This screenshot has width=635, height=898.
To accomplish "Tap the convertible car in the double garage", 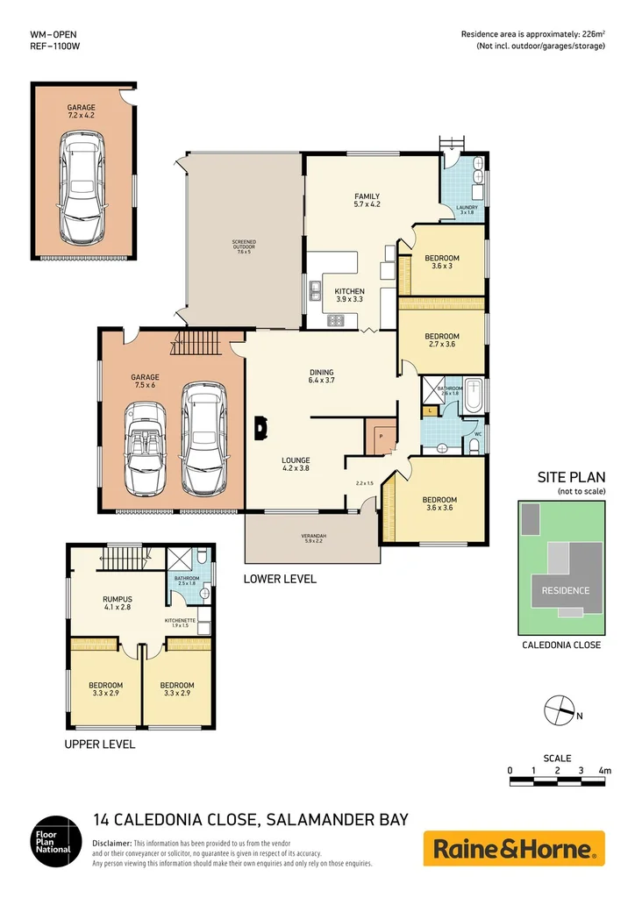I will click(x=145, y=447).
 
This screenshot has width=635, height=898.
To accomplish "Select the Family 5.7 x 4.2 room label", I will click(x=366, y=201).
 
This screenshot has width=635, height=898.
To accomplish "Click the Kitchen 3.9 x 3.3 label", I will click(x=349, y=295).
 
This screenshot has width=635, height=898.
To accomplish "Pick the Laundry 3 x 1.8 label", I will click(x=466, y=210).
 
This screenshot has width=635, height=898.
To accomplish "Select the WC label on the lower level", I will click(x=478, y=433).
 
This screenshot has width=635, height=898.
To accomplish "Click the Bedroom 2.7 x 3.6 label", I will click(x=441, y=340).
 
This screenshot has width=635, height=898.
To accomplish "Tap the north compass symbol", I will click(x=557, y=709).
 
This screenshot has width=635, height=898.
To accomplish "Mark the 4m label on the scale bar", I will click(x=604, y=770).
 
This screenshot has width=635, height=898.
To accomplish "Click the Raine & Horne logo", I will click(x=514, y=849).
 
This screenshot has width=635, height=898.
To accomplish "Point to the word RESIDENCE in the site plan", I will click(x=565, y=590).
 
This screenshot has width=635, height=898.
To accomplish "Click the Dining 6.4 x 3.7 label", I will click(x=321, y=376).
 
